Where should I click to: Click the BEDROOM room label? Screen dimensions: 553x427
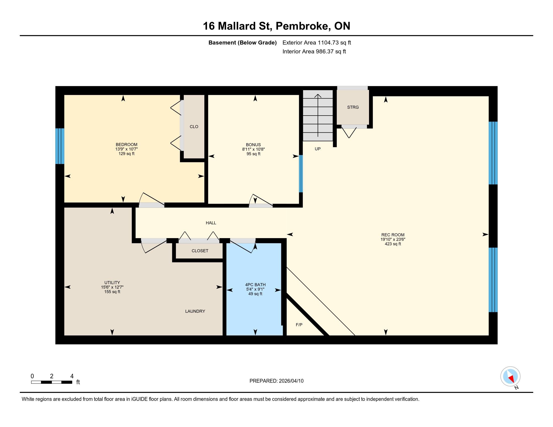coord(126,145)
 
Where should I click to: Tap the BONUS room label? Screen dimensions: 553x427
coord(253,145)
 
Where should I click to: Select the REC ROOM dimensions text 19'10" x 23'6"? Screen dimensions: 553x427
coord(393,239)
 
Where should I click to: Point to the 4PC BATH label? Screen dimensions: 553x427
coord(255,285)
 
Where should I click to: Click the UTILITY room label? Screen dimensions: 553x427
coord(112,283)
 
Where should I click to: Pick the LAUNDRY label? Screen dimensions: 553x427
coord(195,311)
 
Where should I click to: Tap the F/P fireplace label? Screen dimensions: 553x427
coord(299,325)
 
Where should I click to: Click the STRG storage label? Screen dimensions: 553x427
coord(353,107)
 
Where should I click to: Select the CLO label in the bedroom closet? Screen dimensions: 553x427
coord(194,127)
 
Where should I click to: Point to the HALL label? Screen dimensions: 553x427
coord(211,223)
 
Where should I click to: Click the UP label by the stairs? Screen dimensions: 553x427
coord(317,149)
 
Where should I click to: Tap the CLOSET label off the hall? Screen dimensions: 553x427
coord(200,251)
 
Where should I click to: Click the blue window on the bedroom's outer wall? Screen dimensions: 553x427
coord(60,146)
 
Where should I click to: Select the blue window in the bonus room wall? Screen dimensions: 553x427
coord(301,174)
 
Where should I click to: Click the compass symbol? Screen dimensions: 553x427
coord(511,377)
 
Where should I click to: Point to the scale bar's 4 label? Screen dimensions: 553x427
coord(72,376)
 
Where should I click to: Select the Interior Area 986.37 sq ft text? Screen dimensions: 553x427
coord(314,51)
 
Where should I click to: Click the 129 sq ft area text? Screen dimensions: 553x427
coord(126,153)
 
